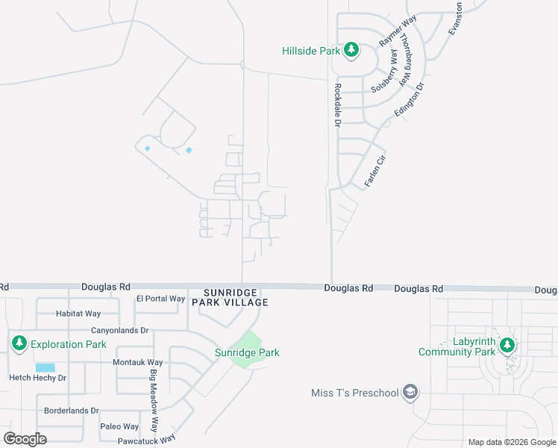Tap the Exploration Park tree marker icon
(x=19, y=344)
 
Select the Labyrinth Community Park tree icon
(x=507, y=345)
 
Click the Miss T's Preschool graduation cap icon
(x=409, y=392)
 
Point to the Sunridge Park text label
(x=247, y=352)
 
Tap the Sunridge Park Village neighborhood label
(x=230, y=297)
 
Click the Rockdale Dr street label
(x=337, y=104)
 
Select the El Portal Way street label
(x=160, y=299)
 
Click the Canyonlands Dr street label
(x=120, y=330)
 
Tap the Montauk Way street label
(x=137, y=362)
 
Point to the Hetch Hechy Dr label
(x=37, y=378)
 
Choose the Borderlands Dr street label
(x=72, y=411)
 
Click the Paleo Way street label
(x=119, y=426)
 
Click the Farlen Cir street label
(x=374, y=170)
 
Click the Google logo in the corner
(x=25, y=439)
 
